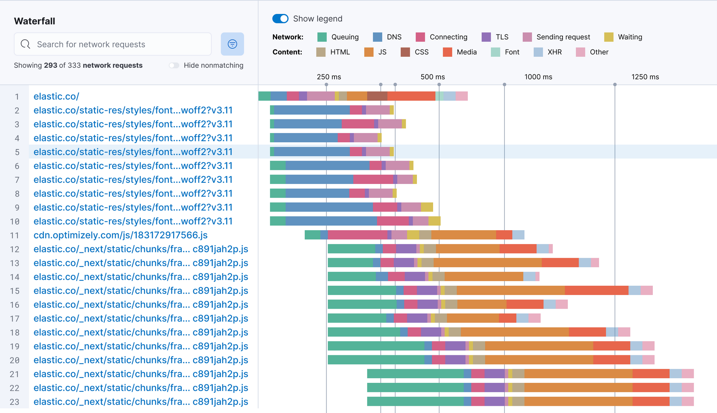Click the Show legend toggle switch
(x=280, y=19)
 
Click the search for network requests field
(x=113, y=44)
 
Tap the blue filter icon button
(x=232, y=44)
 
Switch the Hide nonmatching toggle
(x=174, y=65)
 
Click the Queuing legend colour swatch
(x=322, y=37)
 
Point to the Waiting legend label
(x=630, y=37)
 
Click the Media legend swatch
(x=447, y=52)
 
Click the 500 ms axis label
(x=432, y=77)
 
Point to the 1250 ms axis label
(x=645, y=77)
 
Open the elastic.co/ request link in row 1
(x=56, y=96)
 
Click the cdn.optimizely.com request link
(x=120, y=235)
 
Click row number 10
(x=15, y=222)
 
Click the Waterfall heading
(x=34, y=21)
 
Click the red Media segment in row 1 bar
(x=411, y=96)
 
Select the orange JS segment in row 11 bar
(x=464, y=235)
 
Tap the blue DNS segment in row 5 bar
(x=312, y=152)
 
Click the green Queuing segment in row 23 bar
(x=415, y=402)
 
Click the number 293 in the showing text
(x=51, y=65)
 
